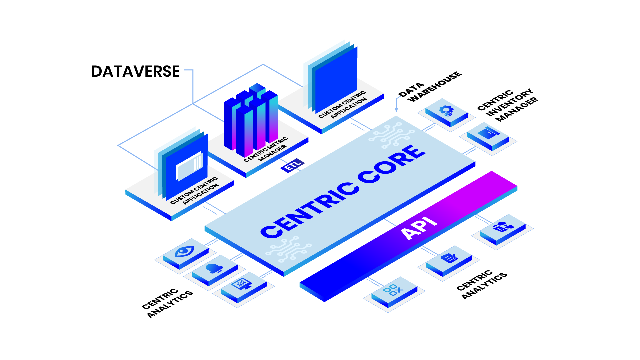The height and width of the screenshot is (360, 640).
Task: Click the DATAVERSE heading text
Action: tap(135, 71)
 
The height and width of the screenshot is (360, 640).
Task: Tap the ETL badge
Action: tap(292, 165)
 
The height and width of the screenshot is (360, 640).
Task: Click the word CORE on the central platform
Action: tap(392, 164)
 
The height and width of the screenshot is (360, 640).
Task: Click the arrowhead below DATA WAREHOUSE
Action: tap(396, 110)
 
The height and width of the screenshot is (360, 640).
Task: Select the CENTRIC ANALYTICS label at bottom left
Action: tap(167, 302)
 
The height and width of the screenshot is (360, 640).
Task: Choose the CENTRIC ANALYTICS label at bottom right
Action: tap(482, 284)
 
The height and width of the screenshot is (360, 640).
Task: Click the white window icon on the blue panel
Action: tap(189, 166)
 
